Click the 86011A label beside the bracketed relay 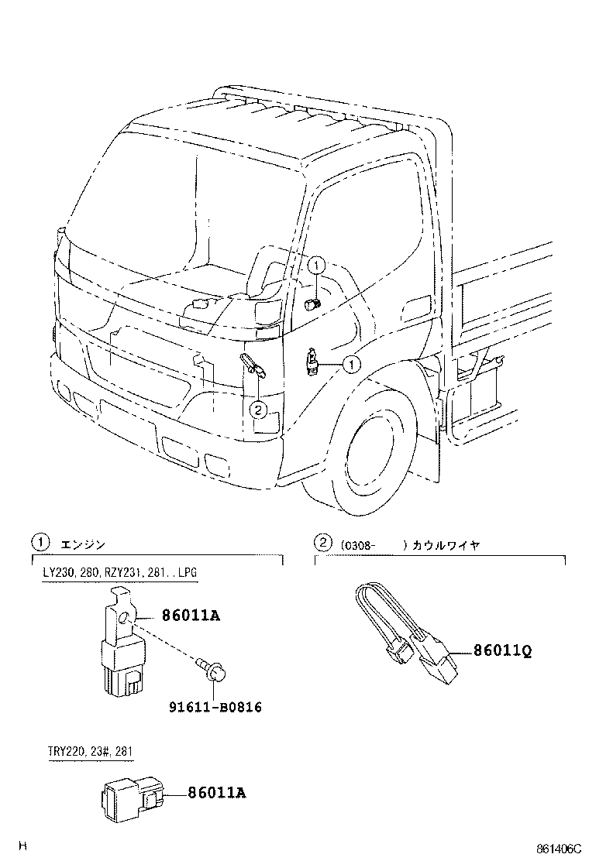click(191, 616)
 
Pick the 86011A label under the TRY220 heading click(216, 793)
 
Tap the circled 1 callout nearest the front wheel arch click(351, 363)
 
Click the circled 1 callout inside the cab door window click(316, 266)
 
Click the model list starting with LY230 click(120, 573)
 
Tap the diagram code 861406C click(556, 849)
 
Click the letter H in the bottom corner click(23, 846)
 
